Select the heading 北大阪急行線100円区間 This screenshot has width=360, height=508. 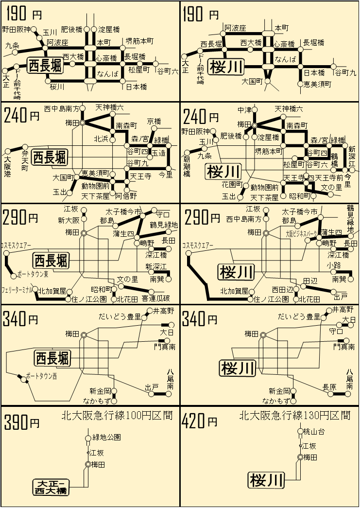[x=117, y=416]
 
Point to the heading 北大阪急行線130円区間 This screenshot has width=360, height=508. [x=295, y=416]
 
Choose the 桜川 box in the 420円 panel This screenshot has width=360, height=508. [x=266, y=480]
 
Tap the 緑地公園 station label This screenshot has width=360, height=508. [x=106, y=437]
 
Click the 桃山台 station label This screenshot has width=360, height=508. [x=314, y=431]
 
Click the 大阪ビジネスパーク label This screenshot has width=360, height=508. [x=301, y=233]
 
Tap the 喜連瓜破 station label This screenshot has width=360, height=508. [x=155, y=298]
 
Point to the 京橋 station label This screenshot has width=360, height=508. [x=154, y=121]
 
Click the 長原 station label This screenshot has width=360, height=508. [x=329, y=387]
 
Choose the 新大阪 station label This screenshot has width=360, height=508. [x=69, y=220]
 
